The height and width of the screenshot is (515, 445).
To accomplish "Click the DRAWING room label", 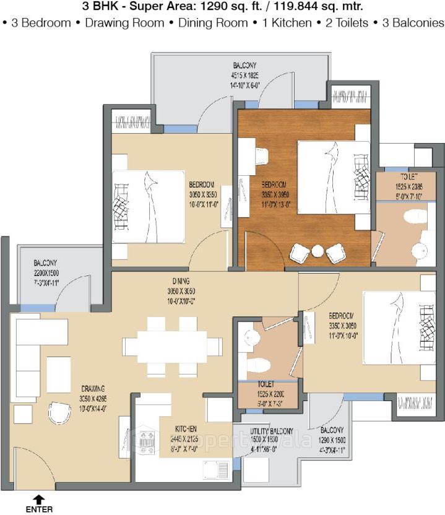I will tap(92, 388).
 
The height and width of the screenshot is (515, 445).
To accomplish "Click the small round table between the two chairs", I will tap(318, 251).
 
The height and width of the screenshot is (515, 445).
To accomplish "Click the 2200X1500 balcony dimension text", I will tap(46, 274).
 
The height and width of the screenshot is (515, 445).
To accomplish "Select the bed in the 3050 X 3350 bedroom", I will tap(149, 206).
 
